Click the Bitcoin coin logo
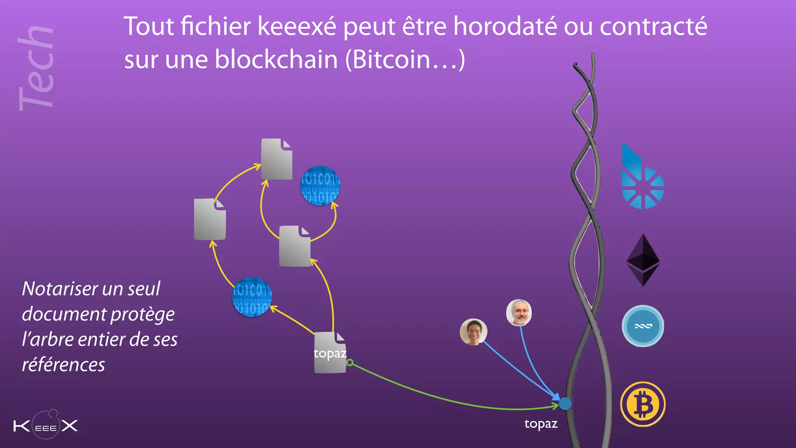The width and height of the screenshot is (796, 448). (643, 404)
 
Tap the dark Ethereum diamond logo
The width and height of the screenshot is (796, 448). (643, 260)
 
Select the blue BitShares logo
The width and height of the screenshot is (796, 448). (641, 179)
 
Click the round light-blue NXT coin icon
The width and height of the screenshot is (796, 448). (643, 326)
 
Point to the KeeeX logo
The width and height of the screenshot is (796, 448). (46, 425)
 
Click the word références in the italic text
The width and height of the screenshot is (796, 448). (63, 365)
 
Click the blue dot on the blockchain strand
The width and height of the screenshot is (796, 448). (565, 404)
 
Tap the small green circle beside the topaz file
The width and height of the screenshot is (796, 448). (350, 362)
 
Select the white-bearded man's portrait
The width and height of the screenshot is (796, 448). (519, 312)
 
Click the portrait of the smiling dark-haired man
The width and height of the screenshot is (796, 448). (473, 332)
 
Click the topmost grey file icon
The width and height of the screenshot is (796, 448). (276, 159)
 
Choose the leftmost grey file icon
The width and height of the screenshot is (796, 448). (210, 219)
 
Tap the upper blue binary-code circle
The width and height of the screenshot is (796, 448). (320, 186)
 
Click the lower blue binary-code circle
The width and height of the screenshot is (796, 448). (252, 297)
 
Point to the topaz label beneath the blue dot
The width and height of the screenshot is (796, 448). (541, 423)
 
